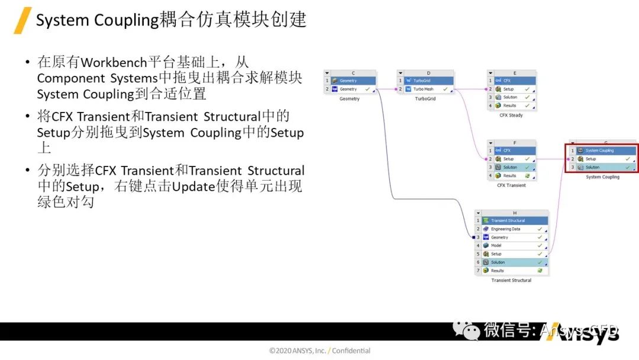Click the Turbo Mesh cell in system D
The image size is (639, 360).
tap(424, 89)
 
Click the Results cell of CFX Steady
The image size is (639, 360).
tap(509, 105)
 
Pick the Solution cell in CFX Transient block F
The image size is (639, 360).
tap(510, 167)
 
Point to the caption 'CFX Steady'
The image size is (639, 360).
tap(511, 115)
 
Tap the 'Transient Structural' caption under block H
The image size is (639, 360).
tap(511, 280)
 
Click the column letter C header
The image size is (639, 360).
tap(353, 73)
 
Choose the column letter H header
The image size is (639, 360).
tap(515, 213)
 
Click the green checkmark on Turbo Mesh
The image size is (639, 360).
tap(445, 89)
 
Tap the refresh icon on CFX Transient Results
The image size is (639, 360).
tap(527, 176)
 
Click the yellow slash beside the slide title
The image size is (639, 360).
tap(22, 20)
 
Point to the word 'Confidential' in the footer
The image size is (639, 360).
tap(351, 351)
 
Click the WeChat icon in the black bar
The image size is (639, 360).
tap(472, 330)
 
